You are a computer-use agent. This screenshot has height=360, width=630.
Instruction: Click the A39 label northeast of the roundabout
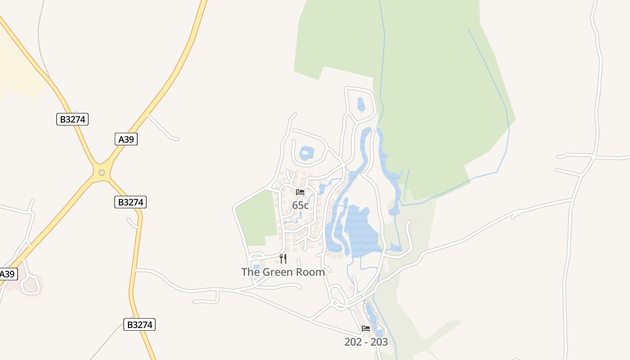[x=126, y=139]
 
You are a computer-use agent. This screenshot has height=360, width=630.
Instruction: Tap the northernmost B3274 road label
[x=72, y=119]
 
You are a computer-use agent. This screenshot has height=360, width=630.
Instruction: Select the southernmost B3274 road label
[x=139, y=324]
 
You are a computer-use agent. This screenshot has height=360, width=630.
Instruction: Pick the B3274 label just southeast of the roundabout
[x=130, y=202]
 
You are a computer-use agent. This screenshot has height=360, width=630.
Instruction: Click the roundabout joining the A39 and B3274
[x=102, y=172]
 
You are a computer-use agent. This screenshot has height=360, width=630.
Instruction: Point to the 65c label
[x=300, y=205]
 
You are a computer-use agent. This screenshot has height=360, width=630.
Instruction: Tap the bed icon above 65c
[x=300, y=192]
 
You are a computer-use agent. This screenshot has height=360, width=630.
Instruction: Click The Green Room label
[x=283, y=272]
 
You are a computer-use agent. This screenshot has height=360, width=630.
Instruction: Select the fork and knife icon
[x=283, y=258]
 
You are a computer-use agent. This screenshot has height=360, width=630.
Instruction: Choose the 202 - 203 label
[x=366, y=342]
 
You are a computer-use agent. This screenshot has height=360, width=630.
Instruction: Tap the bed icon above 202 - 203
[x=366, y=328]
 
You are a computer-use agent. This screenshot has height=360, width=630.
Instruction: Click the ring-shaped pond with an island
[x=306, y=153]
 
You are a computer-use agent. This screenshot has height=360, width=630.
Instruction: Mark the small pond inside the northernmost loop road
[x=360, y=104]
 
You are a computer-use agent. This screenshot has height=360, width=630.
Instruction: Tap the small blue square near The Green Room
[x=256, y=267]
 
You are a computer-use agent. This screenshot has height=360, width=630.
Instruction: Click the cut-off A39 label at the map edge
[x=7, y=274]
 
